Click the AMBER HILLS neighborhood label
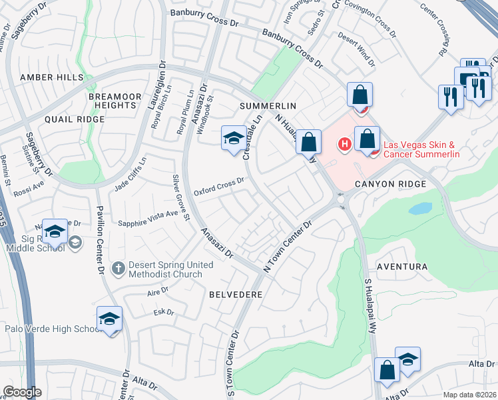click(51, 77)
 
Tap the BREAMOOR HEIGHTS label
click(115, 101)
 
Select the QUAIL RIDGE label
click(75, 119)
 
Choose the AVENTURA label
click(401, 267)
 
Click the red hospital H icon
click(345, 143)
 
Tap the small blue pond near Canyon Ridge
click(421, 209)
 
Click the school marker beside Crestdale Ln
click(234, 139)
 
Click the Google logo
click(22, 392)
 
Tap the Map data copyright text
click(469, 395)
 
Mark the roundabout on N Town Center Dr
click(342, 199)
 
